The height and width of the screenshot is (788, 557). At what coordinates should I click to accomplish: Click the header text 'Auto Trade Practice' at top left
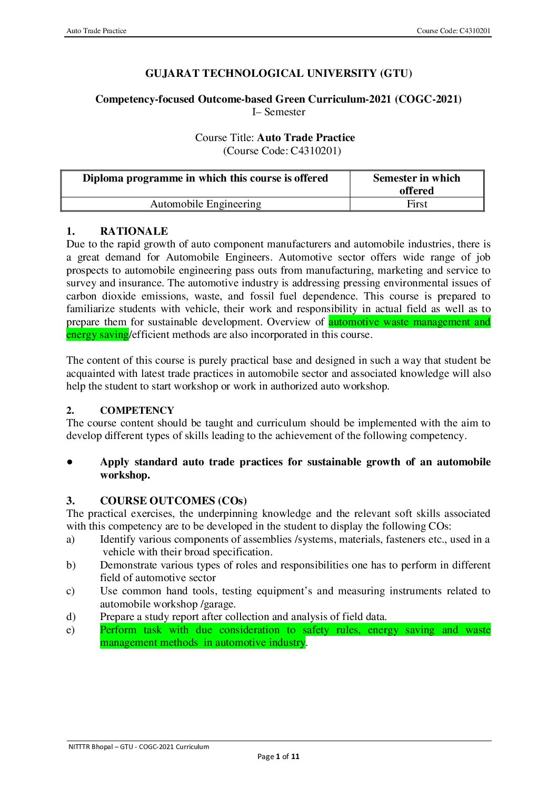(x=96, y=31)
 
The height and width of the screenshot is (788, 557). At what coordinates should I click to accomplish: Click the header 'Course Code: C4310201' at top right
(x=453, y=31)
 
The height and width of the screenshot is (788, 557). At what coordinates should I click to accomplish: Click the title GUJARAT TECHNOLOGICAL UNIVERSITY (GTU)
(x=278, y=74)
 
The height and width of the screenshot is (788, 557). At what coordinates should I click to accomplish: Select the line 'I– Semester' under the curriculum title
(x=278, y=112)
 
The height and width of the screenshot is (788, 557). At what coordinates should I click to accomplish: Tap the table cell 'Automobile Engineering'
(x=205, y=204)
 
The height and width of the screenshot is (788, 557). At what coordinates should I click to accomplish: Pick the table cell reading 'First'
(x=417, y=204)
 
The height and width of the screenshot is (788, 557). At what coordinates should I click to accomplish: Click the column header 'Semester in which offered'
(x=416, y=184)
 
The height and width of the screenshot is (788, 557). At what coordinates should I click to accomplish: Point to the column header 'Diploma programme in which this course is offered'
(x=205, y=178)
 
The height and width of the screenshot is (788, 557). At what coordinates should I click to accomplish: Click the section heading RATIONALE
(x=134, y=232)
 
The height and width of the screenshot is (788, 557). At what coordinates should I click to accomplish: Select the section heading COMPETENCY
(x=137, y=411)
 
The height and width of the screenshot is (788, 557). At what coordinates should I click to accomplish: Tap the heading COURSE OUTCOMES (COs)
(x=173, y=501)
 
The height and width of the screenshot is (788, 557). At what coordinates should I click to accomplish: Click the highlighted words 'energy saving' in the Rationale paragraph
(x=97, y=335)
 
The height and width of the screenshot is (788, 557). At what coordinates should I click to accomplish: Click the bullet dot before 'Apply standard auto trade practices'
(x=69, y=462)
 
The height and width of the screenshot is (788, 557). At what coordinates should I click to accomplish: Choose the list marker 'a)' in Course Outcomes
(x=71, y=540)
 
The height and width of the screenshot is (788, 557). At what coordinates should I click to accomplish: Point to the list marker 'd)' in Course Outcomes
(x=71, y=617)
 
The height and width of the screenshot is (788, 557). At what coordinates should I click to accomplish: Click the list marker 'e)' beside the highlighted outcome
(x=71, y=630)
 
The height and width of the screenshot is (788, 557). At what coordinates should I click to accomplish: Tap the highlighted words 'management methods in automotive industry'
(x=203, y=643)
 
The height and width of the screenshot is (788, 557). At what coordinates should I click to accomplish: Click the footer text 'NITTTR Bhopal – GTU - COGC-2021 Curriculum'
(x=138, y=747)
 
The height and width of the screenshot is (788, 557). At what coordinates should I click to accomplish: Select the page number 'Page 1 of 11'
(x=278, y=757)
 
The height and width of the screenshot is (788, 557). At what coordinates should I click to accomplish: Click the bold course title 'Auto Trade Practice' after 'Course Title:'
(x=306, y=138)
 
